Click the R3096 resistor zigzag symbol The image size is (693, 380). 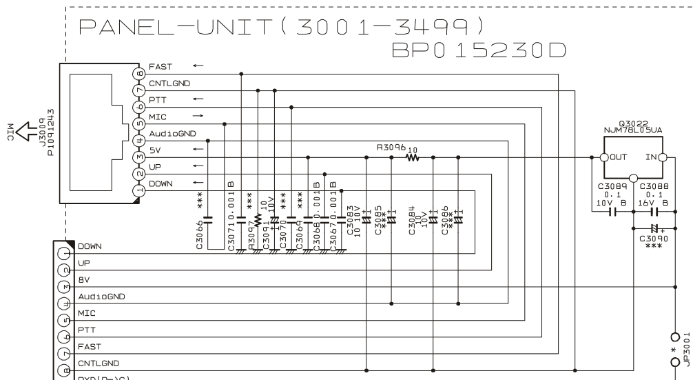413,158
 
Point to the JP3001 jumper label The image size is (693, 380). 686,345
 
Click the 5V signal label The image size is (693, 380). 154,150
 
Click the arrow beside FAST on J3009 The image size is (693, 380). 198,66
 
